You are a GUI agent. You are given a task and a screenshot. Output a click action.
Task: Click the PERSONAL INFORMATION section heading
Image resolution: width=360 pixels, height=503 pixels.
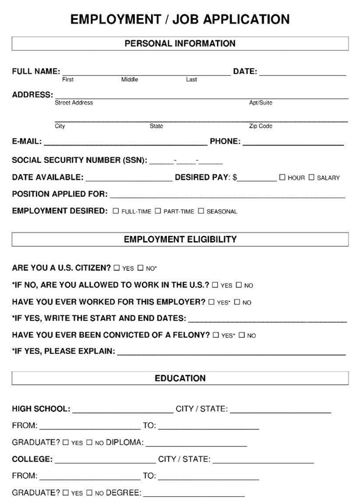[180, 44]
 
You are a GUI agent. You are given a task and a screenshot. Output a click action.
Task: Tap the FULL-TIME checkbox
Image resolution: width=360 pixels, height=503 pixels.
[116, 211]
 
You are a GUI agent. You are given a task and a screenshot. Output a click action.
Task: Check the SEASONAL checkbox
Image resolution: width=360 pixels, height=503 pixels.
[201, 211]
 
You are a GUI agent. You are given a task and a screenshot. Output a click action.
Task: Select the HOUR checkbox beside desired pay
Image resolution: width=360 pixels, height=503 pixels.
[282, 177]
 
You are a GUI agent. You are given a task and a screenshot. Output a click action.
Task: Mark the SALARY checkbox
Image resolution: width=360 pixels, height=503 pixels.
[311, 177]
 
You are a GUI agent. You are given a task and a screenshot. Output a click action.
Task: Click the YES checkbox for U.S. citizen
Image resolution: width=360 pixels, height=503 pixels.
[117, 268]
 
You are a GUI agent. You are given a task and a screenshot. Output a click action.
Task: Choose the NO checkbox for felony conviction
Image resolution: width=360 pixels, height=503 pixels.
[241, 335]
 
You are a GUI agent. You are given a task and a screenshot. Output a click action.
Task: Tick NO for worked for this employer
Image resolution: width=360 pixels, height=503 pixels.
[237, 302]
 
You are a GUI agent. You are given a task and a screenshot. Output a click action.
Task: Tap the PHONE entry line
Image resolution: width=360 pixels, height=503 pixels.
[293, 144]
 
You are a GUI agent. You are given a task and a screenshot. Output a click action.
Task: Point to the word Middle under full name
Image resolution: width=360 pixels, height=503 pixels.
[130, 80]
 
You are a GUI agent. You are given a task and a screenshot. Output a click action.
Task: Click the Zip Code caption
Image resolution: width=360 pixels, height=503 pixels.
[261, 126]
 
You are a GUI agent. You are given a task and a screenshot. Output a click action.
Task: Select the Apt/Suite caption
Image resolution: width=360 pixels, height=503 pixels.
[261, 103]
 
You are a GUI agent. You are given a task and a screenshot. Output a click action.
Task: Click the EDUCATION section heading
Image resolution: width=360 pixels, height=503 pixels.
[180, 378]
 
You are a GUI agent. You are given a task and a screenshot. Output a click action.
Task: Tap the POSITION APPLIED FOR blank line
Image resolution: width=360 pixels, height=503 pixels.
[227, 197]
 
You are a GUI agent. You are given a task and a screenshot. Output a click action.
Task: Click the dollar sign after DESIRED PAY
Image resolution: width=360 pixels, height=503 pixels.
[234, 177]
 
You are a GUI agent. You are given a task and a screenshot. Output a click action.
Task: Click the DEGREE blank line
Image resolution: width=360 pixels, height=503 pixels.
[194, 495]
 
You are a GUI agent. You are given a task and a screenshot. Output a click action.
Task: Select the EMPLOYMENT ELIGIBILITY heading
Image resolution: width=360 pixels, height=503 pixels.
[180, 239]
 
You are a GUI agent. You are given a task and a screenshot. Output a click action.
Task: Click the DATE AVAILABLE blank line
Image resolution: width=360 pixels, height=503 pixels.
[129, 180]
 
